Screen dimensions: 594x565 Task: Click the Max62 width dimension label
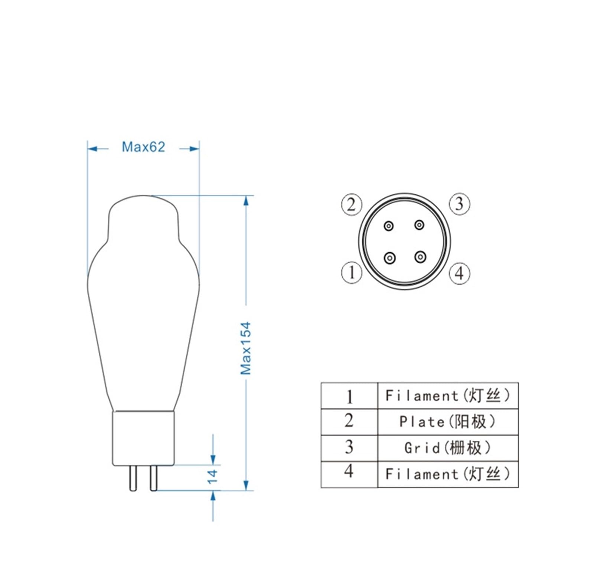[143, 147]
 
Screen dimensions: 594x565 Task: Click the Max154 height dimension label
[245, 348]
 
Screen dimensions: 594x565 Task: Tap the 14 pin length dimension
[212, 476]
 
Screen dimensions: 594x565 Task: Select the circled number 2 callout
[352, 204]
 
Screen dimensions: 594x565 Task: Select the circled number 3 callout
[460, 204]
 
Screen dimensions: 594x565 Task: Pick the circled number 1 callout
[352, 273]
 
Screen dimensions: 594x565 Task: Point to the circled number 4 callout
[460, 273]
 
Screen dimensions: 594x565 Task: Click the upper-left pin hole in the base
[389, 226]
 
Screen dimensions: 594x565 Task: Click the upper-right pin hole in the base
[420, 225]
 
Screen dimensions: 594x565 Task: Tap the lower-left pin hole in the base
[389, 257]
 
